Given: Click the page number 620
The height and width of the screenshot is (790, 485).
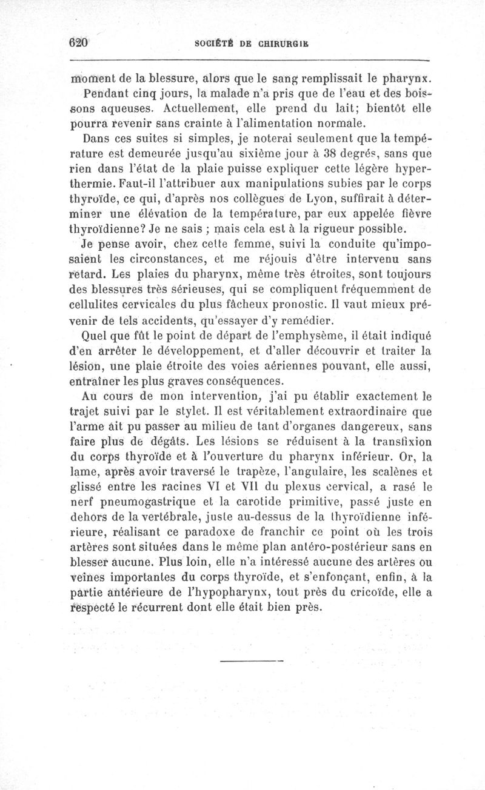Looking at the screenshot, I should coord(79,43).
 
